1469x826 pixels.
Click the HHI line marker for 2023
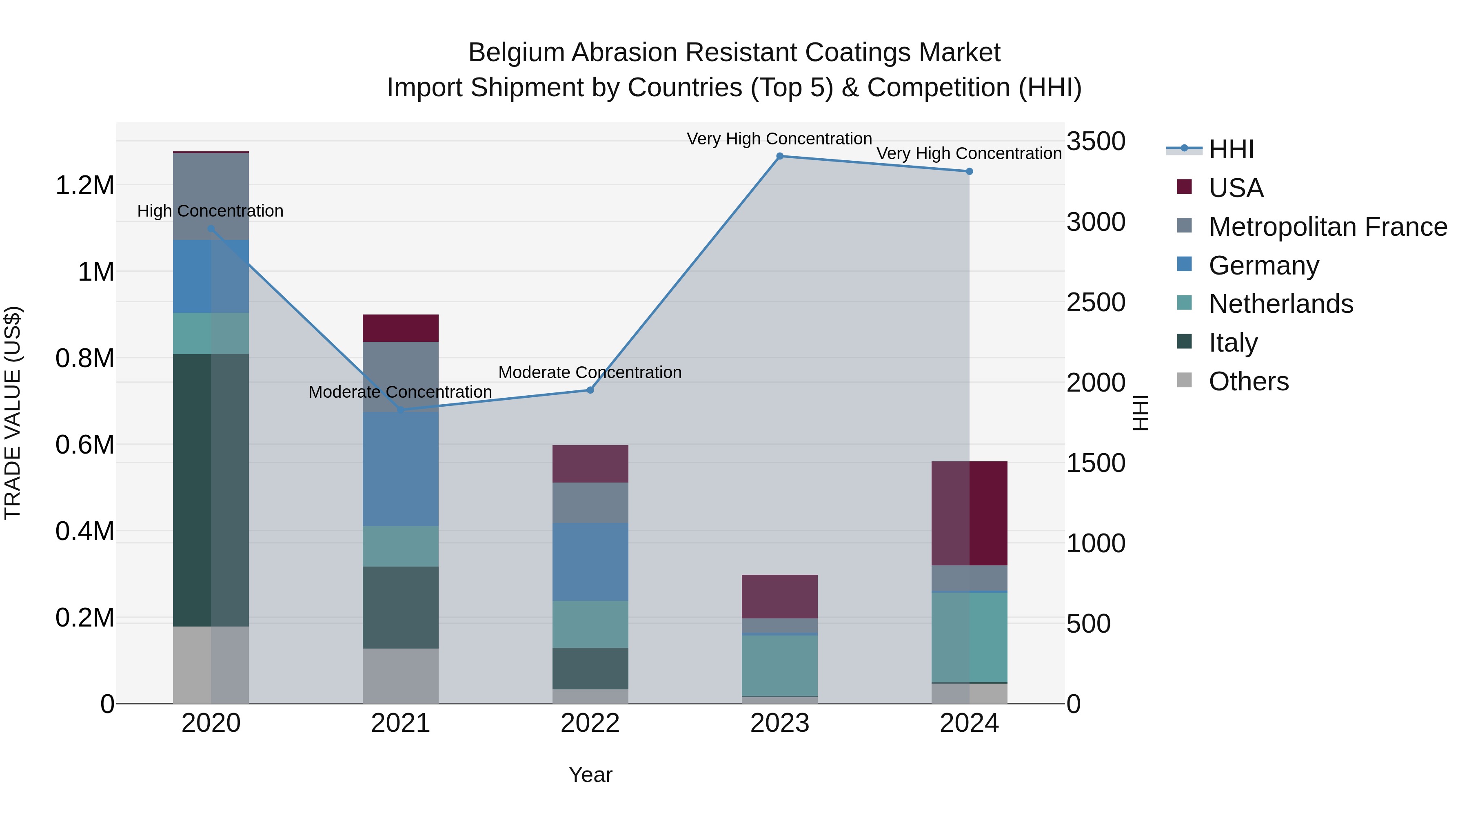pos(779,156)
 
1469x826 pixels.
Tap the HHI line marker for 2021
pos(400,410)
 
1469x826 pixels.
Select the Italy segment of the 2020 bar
pos(211,490)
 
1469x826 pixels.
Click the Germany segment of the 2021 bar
pos(400,469)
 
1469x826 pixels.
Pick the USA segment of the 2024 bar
pos(970,513)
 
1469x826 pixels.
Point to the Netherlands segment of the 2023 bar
pos(779,665)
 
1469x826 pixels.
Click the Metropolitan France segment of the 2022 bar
pos(590,503)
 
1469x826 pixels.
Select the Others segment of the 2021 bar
pos(400,675)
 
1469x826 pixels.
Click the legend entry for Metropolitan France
pos(1327,227)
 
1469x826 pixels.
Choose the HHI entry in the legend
pos(1231,149)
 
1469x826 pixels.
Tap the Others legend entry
pos(1248,381)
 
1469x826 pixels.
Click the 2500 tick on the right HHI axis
pos(1096,302)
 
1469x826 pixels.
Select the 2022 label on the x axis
pos(590,723)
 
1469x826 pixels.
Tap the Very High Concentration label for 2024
pos(968,153)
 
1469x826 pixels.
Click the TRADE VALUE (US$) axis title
pos(13,413)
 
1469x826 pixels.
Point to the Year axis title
pos(590,775)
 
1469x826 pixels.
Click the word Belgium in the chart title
pos(515,53)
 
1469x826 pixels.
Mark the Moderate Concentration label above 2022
pos(590,372)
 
